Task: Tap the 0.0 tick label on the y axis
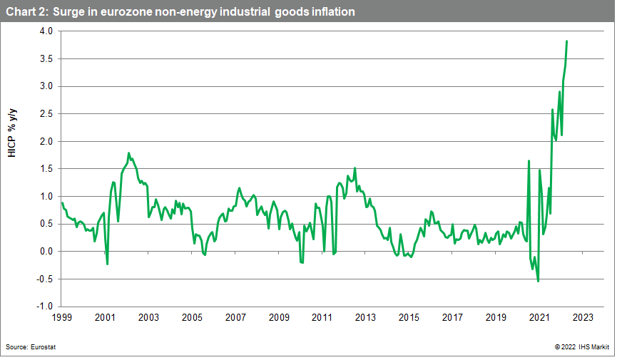[x=46, y=251]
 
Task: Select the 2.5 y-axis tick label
[x=46, y=114]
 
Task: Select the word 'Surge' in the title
[x=68, y=12]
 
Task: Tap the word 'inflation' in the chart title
[x=330, y=12]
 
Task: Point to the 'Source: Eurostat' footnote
[x=31, y=346]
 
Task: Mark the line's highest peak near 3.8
[x=566, y=41]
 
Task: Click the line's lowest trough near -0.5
[x=538, y=281]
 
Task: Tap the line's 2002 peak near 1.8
[x=128, y=153]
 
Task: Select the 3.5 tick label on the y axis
[x=46, y=59]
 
